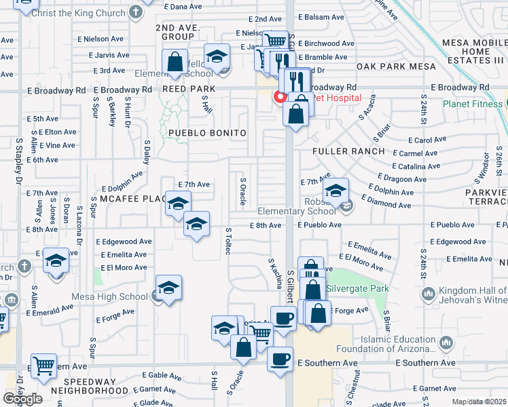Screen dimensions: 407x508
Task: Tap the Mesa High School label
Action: (x=110, y=296)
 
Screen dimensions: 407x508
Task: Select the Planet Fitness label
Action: (x=472, y=104)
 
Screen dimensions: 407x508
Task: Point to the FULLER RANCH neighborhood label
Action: (x=348, y=151)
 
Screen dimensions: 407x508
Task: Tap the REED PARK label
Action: (x=188, y=89)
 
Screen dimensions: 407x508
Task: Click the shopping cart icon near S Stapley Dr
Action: (x=44, y=365)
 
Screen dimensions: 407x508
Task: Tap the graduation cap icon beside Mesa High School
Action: (x=168, y=287)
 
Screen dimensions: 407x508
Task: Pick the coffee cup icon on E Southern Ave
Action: (x=280, y=359)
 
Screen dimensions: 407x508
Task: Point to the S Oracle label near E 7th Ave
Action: (x=242, y=191)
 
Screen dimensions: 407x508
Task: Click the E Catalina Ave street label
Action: (x=416, y=166)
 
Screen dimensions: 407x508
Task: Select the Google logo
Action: (x=22, y=399)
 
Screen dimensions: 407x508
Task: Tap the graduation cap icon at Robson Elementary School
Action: (x=335, y=191)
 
